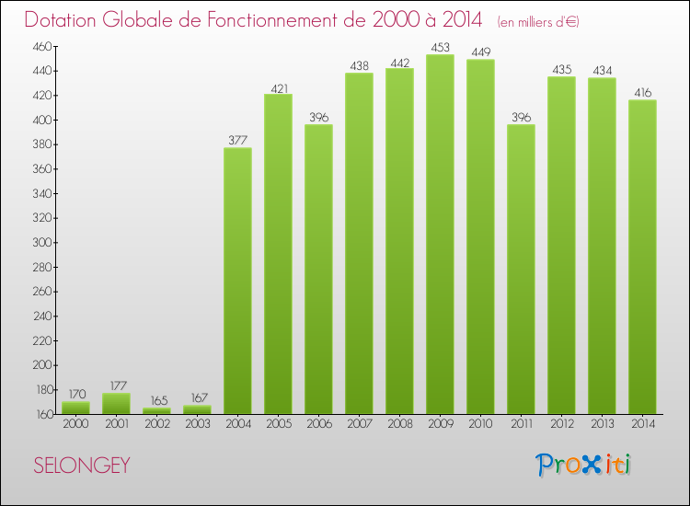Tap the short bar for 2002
pos(156,410)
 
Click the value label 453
pos(440,48)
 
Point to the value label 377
pos(237,141)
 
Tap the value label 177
pos(116,386)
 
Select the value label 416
pos(642,93)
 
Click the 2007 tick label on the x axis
pos(359,424)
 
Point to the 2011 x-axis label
pos(521,424)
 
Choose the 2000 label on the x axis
pos(75,424)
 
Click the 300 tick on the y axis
pos(44,243)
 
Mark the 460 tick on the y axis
pos(44,46)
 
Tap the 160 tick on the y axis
pos(44,415)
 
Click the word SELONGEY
pos(82,466)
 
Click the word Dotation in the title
pos(67,20)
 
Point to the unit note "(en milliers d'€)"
pos(538,21)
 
